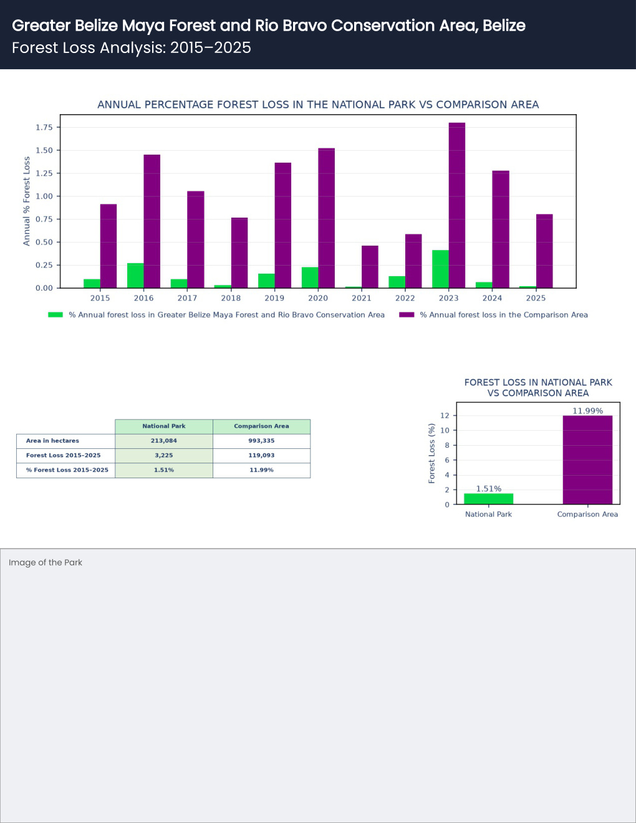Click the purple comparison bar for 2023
[x=457, y=205]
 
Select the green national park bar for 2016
[x=135, y=276]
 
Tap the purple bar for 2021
[x=370, y=267]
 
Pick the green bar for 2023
[x=441, y=269]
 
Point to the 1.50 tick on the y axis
[x=44, y=150]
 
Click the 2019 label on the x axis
[x=274, y=298]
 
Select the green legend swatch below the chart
[x=55, y=315]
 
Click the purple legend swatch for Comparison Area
[x=407, y=315]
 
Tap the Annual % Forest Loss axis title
[x=26, y=201]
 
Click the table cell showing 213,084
[x=163, y=441]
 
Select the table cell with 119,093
[x=261, y=455]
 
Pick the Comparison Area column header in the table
[x=261, y=426]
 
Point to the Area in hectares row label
[x=52, y=441]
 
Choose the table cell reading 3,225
[x=163, y=455]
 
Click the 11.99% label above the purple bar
[x=587, y=411]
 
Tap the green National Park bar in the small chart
[x=489, y=499]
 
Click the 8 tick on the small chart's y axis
[x=447, y=445]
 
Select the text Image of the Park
[x=46, y=562]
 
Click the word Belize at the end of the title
[x=504, y=26]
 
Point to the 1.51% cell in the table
[x=163, y=470]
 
